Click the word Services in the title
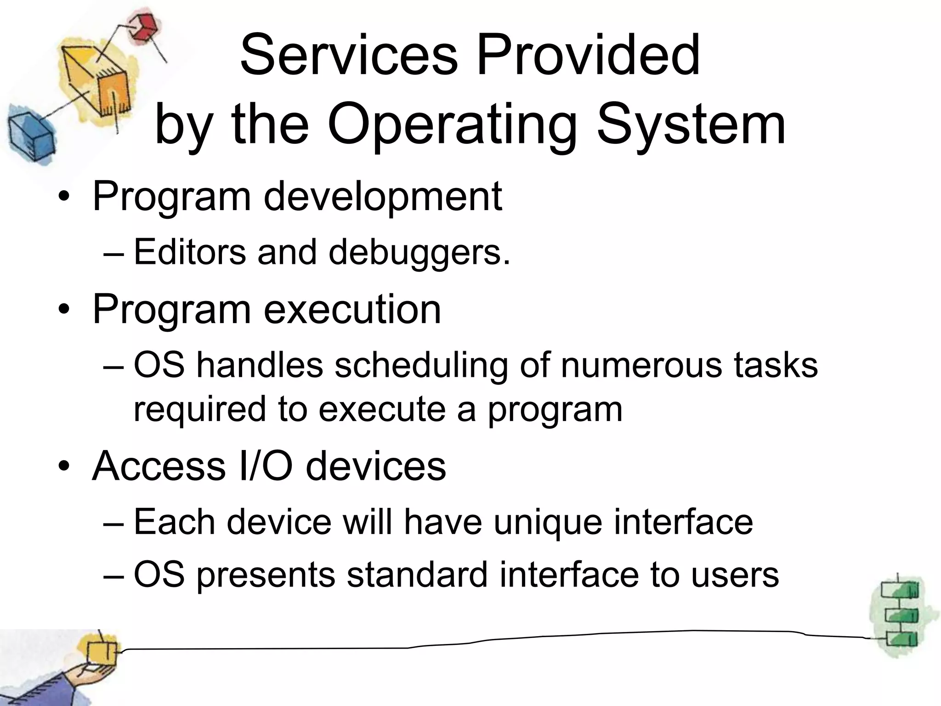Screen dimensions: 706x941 (x=349, y=55)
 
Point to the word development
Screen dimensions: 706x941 (x=383, y=196)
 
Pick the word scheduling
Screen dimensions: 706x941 (x=420, y=366)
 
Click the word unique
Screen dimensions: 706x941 (x=547, y=523)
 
